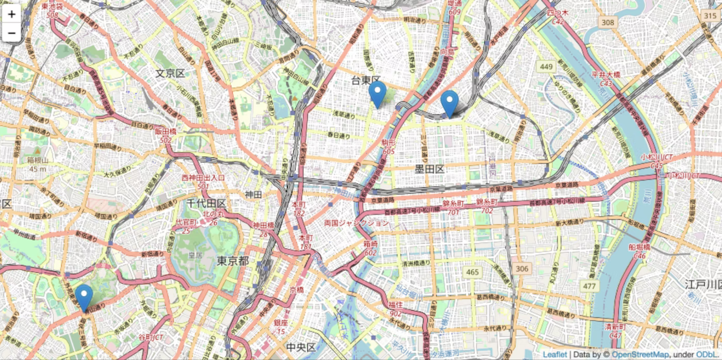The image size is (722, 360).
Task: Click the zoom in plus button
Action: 11,14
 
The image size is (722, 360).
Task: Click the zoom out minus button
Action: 11,34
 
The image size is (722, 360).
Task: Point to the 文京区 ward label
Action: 170,74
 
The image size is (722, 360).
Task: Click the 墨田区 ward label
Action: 430,169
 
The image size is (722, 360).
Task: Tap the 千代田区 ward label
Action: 206,203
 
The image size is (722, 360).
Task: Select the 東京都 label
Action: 233,261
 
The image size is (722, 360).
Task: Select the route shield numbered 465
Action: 472,272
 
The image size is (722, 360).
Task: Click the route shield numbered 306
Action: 522,268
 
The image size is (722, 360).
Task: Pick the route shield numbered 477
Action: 589,286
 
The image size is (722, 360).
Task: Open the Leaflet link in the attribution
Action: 555,355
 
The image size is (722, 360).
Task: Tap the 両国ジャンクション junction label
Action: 356,223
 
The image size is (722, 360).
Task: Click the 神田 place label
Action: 253,194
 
